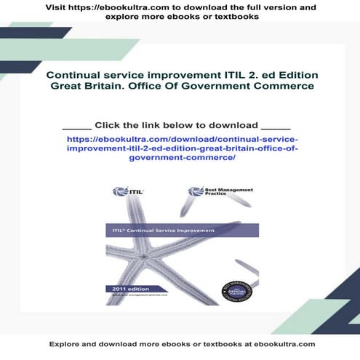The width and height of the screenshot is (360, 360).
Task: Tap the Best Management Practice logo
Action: (212, 192)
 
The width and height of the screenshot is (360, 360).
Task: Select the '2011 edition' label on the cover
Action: (121, 289)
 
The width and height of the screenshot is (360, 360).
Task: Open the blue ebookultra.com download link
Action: (181, 147)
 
